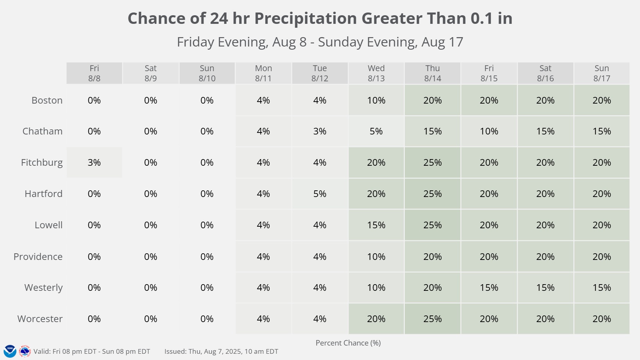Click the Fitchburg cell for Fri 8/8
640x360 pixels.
94,163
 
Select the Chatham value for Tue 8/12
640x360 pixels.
320,131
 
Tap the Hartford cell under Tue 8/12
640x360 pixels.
320,194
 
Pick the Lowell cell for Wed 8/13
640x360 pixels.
376,225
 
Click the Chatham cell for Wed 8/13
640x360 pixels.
376,131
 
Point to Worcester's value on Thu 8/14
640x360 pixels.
433,319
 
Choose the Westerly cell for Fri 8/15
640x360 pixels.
489,288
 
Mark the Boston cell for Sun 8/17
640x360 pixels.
602,100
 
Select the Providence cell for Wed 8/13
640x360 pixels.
376,257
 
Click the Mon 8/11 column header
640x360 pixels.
263,73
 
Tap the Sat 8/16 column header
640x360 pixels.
545,73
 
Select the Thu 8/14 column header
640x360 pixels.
433,73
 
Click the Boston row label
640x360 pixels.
47,100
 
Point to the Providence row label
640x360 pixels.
38,257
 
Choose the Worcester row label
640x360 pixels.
40,319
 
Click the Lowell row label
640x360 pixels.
48,225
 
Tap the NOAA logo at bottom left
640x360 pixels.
10,351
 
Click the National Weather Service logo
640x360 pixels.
25,351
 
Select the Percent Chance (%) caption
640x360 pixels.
348,343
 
